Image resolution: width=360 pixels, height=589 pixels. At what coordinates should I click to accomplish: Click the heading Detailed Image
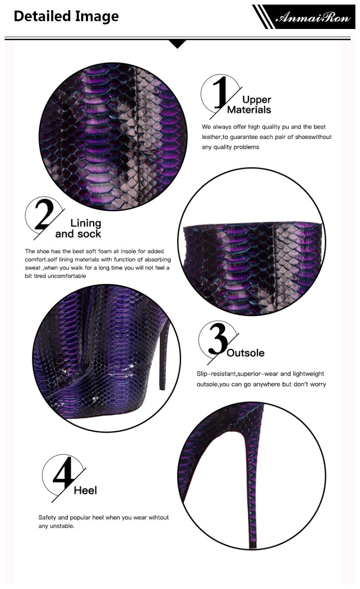tap(66, 16)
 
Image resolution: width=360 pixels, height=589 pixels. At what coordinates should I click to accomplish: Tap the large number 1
tap(221, 92)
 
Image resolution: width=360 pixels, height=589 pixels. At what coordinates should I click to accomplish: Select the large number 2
tap(44, 214)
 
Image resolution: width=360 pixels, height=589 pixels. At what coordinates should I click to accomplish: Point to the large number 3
tap(218, 339)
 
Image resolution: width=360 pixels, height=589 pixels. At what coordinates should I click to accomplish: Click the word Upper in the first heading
tap(256, 100)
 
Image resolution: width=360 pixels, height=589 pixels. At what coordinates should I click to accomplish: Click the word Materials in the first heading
tap(249, 110)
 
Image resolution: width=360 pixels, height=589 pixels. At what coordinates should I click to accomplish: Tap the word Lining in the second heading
tap(86, 223)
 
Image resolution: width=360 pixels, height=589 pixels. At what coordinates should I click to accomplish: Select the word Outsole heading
tap(245, 353)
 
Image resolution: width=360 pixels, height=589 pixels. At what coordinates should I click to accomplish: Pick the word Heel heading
tap(85, 491)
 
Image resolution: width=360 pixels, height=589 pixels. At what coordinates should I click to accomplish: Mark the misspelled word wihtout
tap(159, 517)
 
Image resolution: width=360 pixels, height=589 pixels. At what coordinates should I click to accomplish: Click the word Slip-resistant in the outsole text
tap(216, 374)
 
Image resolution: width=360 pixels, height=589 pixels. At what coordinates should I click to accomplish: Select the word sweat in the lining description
tap(33, 268)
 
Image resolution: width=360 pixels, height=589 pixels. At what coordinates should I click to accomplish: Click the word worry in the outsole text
tap(318, 384)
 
